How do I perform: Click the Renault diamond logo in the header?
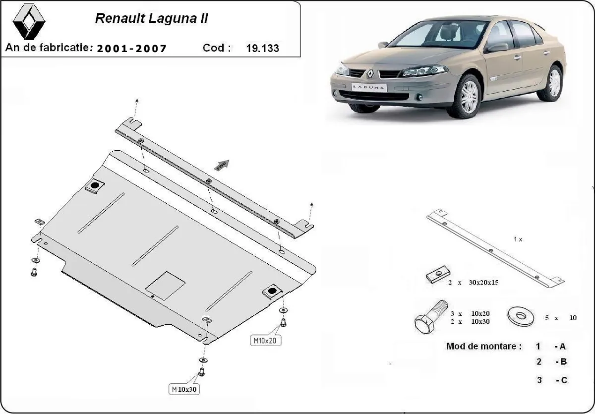pos(28,23)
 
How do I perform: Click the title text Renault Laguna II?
pos(152,18)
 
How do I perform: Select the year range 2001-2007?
pos(131,49)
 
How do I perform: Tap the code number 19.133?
pos(262,49)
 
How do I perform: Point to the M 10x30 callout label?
pos(184,389)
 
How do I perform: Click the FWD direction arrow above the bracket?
pos(221,165)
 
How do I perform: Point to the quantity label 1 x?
pos(518,239)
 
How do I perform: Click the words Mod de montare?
pos(483,346)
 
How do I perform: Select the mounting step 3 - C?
pos(551,380)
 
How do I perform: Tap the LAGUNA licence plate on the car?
pos(368,87)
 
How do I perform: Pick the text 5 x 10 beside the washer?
pos(561,318)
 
